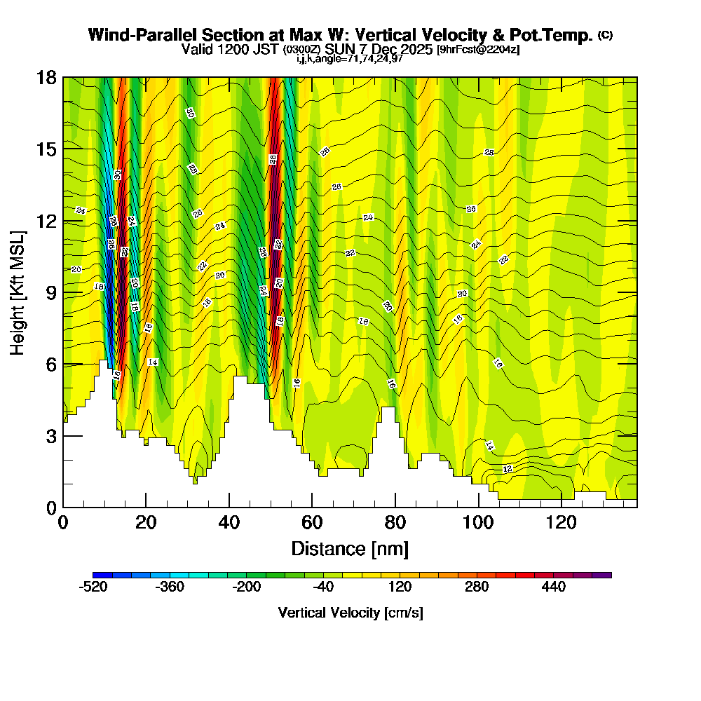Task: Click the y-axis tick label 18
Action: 47,77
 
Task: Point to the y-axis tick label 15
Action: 47,149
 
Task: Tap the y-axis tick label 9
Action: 52,292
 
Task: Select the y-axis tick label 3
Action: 52,436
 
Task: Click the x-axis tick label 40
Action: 229,522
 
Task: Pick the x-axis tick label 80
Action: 395,522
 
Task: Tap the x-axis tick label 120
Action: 562,522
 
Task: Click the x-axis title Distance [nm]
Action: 350,548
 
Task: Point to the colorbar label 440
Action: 554,587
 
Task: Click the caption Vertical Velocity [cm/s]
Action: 350,613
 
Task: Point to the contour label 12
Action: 508,468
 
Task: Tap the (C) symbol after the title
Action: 605,35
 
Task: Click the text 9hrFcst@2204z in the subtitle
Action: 478,50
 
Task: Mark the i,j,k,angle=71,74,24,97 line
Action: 350,60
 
